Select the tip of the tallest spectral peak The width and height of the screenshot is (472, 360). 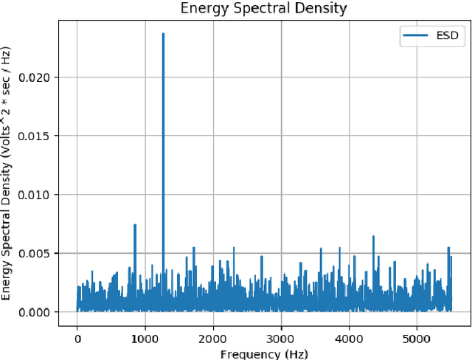point(163,34)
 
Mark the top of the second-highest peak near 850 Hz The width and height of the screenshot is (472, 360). point(135,225)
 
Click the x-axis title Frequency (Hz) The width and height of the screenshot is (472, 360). point(263,353)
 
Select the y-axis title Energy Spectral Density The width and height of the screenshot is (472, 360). point(9,173)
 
